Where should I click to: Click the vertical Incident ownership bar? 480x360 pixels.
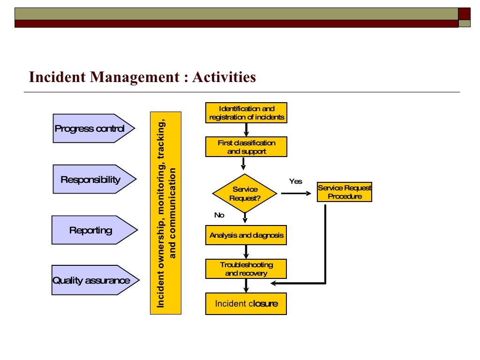pyautogui.click(x=165, y=212)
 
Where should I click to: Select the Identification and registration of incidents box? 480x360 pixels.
pyautogui.click(x=246, y=112)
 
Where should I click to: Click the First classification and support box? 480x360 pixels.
pyautogui.click(x=246, y=147)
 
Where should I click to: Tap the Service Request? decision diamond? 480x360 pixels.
pyautogui.click(x=245, y=193)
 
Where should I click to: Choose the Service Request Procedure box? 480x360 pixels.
pyautogui.click(x=344, y=192)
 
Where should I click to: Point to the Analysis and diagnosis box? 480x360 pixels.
pyautogui.click(x=246, y=235)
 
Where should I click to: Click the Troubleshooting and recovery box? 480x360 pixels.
pyautogui.click(x=246, y=269)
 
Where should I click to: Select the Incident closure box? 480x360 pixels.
pyautogui.click(x=246, y=304)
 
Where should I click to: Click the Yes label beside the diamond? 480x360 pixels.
pyautogui.click(x=296, y=181)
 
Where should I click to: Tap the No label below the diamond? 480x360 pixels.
pyautogui.click(x=219, y=215)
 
